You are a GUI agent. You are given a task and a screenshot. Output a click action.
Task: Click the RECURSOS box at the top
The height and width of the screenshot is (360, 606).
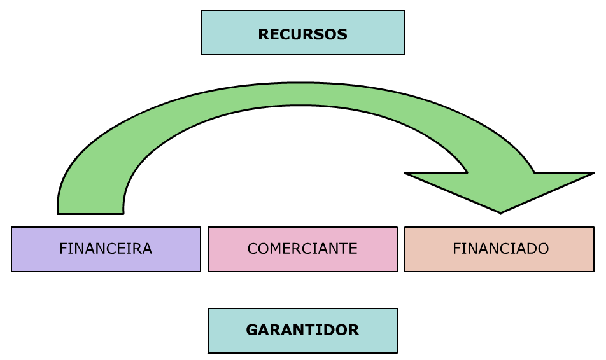coord(302,32)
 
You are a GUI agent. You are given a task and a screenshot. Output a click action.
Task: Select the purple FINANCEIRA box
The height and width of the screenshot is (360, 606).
coord(106,249)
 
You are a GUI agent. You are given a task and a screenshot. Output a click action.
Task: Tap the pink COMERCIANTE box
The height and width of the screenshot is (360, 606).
coord(302,249)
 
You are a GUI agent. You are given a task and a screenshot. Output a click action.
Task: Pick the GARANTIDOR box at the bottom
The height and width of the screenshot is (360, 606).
coord(302,330)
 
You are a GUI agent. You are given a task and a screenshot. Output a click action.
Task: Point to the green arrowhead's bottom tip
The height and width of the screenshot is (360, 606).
coord(501,212)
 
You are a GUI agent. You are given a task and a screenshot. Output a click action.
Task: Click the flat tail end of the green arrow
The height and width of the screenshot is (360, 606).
coord(90,212)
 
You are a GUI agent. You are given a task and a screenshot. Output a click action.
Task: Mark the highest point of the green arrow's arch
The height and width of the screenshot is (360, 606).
coord(306,83)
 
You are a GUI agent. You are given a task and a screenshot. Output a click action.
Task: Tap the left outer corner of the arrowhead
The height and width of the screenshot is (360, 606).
coord(406,173)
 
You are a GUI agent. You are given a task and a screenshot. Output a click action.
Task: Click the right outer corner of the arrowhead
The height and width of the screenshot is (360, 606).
coord(593,173)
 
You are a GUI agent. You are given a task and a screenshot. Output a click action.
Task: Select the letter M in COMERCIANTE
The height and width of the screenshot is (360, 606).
coord(278,249)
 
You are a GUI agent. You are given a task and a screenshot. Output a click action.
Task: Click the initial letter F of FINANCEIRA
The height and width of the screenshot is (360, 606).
coord(63,249)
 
